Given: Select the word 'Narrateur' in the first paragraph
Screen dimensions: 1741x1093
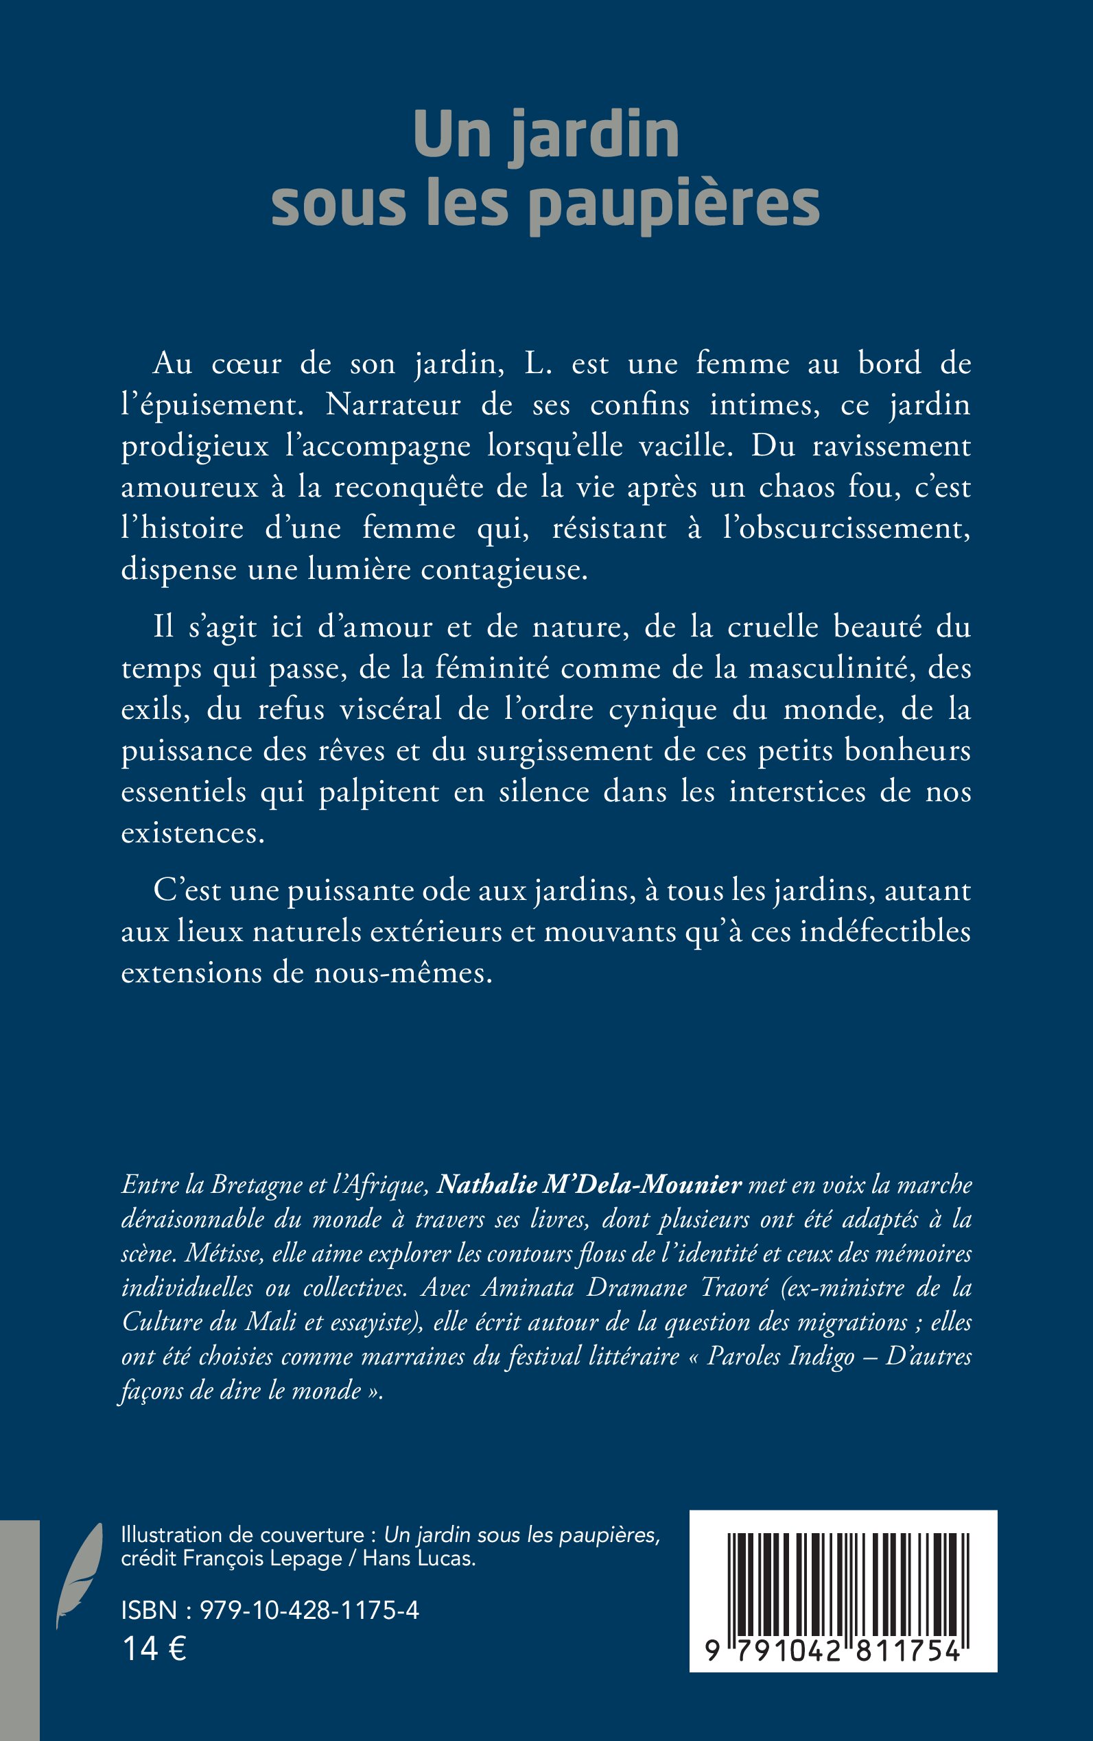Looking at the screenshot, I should click(x=392, y=405).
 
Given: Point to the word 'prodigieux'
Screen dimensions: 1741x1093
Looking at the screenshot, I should click(x=195, y=447).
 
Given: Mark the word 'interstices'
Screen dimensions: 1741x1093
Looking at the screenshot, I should click(x=797, y=792).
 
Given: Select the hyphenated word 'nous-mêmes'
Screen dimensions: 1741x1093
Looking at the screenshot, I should click(x=403, y=973).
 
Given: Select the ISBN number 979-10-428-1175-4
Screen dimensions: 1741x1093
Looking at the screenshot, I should click(x=309, y=1610).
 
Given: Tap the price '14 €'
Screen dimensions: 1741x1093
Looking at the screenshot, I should click(x=154, y=1648).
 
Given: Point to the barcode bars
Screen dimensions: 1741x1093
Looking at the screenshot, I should click(x=843, y=1584).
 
